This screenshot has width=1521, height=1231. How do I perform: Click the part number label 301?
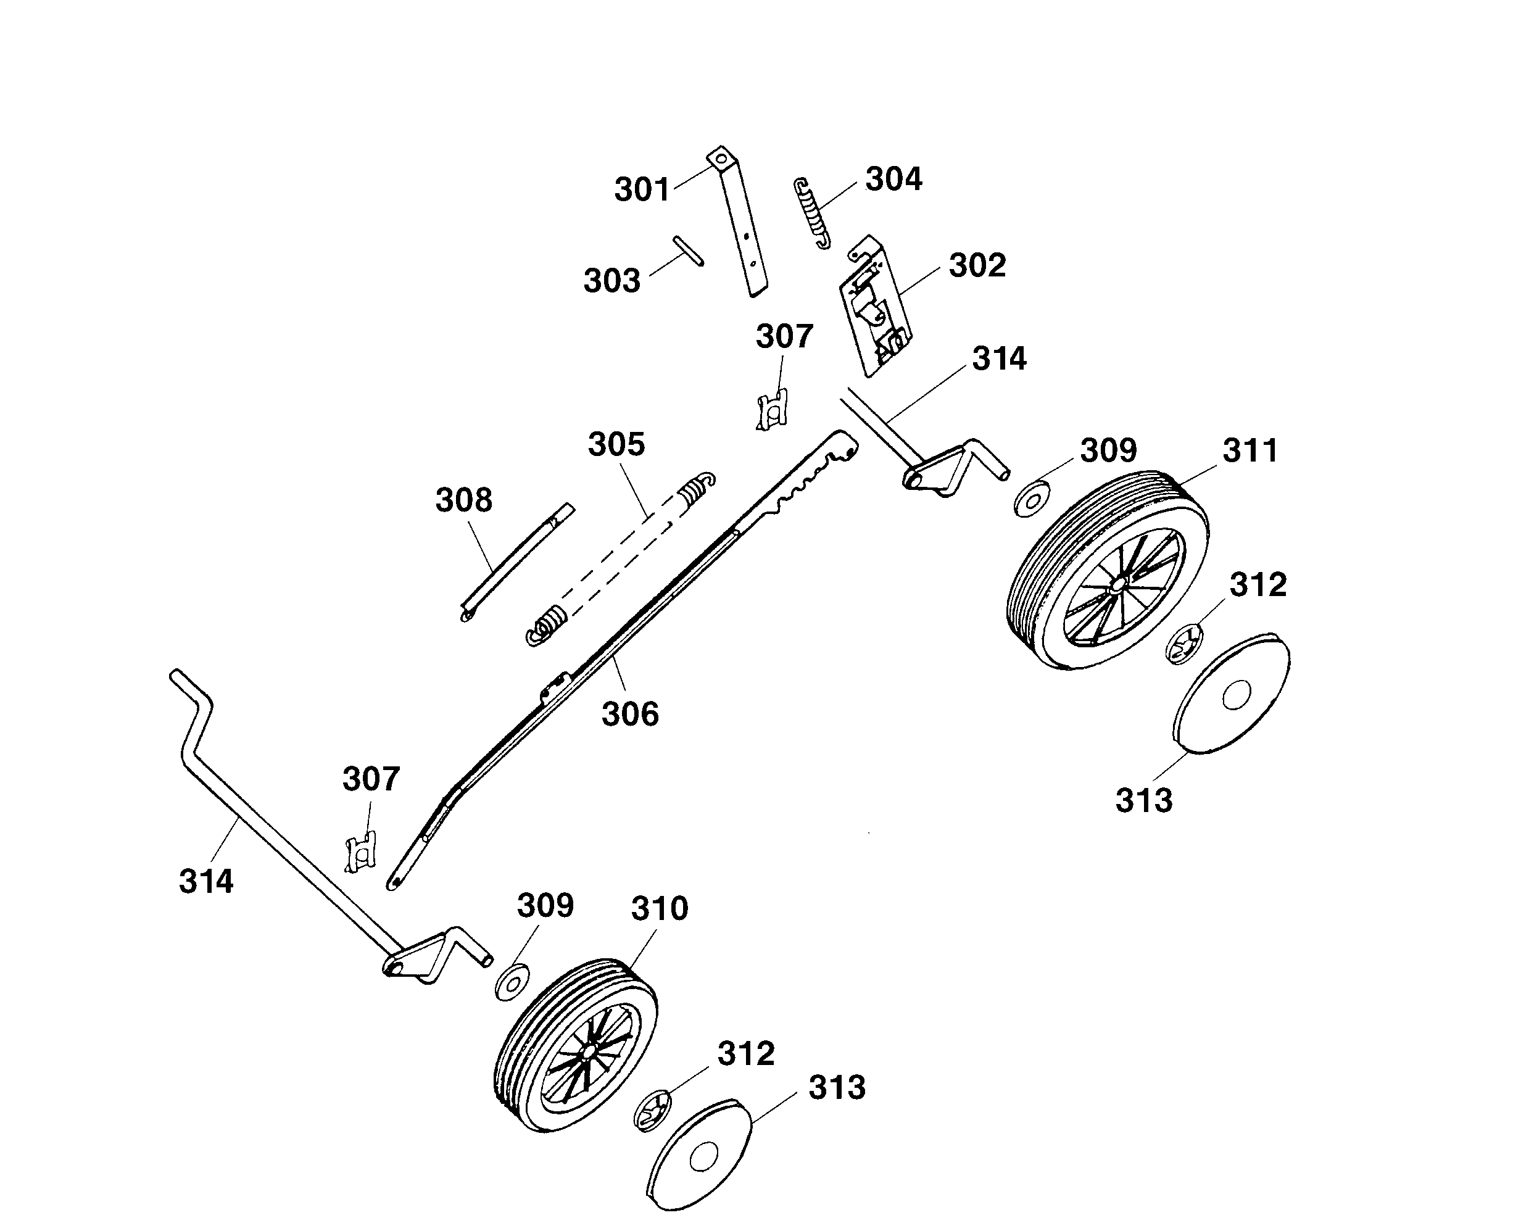642,190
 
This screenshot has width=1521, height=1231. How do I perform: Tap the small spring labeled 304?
812,211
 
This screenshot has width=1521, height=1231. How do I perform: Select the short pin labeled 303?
689,251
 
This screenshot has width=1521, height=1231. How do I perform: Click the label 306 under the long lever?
629,714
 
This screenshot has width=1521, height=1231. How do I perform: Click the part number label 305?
616,445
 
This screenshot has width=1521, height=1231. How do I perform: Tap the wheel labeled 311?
1108,571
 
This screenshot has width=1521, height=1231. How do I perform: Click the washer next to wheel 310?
512,982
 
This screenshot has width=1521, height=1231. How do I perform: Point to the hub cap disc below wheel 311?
1232,695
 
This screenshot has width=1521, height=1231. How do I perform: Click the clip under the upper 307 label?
773,410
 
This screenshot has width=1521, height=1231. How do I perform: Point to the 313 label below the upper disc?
1144,800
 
